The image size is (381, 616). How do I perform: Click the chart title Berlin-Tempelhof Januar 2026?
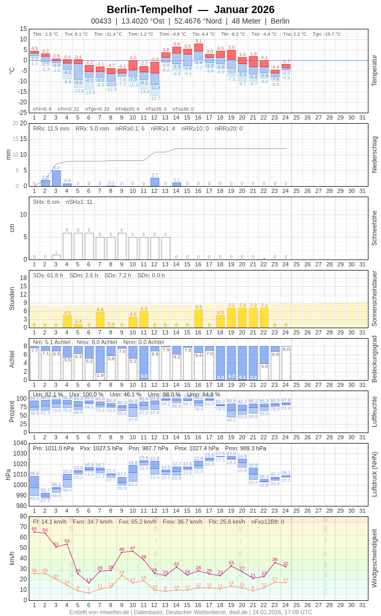(x=190, y=9)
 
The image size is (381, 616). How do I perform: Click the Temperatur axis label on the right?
(x=374, y=71)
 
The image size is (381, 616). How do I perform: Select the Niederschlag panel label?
(x=374, y=155)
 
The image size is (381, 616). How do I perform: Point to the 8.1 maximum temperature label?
(x=198, y=40)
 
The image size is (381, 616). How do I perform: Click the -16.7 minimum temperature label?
(x=155, y=99)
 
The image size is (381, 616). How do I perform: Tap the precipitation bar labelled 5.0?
(x=56, y=178)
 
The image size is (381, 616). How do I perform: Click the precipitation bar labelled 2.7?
(x=155, y=182)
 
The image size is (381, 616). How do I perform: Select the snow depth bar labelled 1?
(x=56, y=257)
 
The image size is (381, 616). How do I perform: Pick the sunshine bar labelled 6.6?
(x=198, y=318)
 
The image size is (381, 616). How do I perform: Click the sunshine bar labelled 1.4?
(x=78, y=326)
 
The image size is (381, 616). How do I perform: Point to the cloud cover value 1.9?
(x=100, y=375)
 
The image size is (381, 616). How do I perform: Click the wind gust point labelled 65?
(x=34, y=532)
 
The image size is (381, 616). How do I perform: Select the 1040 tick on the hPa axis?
(x=20, y=443)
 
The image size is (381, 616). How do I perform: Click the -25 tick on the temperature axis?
(x=23, y=113)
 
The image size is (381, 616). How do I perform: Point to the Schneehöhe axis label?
(x=374, y=228)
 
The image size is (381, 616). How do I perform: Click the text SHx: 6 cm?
(x=46, y=202)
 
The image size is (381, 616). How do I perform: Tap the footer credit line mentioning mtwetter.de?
(x=190, y=612)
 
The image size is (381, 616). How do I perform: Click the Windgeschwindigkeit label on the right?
(x=374, y=558)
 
